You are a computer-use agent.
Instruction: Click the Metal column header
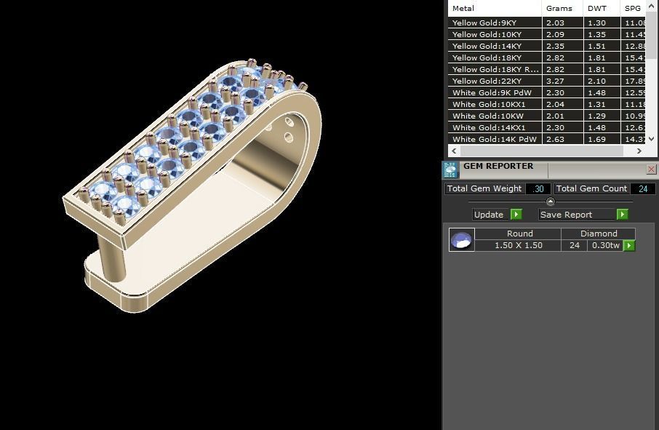click(463, 9)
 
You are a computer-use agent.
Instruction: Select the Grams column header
click(559, 9)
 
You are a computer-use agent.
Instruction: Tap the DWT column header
click(596, 9)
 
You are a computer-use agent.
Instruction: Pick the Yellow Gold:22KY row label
click(484, 81)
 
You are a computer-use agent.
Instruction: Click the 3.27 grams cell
click(555, 81)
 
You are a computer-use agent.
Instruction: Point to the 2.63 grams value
click(555, 139)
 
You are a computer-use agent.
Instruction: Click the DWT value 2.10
click(596, 81)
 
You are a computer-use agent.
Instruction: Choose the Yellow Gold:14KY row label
click(484, 46)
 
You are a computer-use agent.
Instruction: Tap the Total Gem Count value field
click(642, 188)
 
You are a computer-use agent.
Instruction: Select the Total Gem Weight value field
click(538, 188)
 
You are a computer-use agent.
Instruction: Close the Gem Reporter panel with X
click(651, 169)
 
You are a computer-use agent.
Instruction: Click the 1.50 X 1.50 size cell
click(519, 245)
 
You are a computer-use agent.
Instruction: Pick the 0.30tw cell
click(605, 245)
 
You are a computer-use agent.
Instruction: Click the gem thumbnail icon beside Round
click(462, 239)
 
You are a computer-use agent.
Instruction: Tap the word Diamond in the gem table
click(599, 234)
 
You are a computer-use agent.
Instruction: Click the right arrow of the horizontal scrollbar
click(639, 151)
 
